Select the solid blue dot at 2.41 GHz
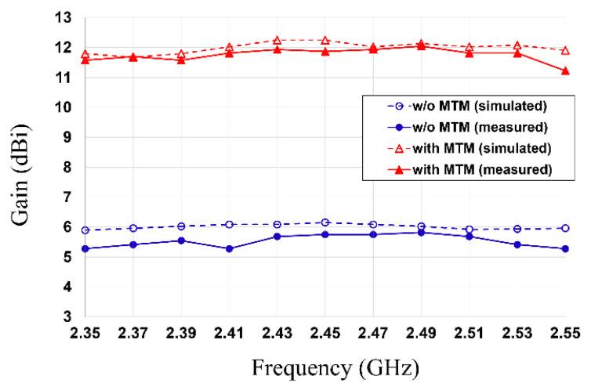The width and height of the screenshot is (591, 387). [229, 248]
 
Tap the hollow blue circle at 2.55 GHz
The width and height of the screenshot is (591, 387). [564, 228]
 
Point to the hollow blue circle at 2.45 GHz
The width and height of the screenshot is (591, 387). [325, 222]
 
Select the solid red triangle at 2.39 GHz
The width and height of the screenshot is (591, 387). [181, 60]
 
